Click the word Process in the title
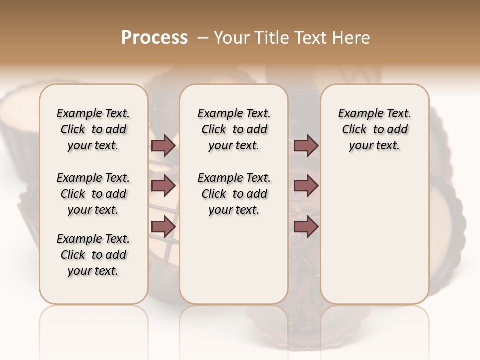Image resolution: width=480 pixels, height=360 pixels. tap(154, 38)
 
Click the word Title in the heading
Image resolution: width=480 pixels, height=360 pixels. tap(270, 38)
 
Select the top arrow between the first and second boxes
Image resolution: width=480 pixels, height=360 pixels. tap(163, 145)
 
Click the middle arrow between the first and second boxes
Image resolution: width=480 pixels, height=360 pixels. tap(163, 186)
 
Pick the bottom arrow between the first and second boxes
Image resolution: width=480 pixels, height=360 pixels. tap(163, 226)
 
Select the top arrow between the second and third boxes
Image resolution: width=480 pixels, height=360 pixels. tap(306, 145)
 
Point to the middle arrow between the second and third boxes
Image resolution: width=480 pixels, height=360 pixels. tap(306, 186)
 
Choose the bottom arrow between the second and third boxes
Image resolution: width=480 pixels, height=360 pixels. tap(306, 226)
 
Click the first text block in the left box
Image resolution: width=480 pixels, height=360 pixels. tap(93, 129)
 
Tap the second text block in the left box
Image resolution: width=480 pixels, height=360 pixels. tap(93, 194)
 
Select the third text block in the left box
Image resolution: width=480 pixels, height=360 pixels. tap(93, 255)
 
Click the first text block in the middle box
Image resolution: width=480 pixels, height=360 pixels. tap(234, 129)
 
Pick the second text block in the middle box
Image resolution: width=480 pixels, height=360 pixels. tap(234, 194)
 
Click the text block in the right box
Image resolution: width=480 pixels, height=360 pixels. tap(374, 129)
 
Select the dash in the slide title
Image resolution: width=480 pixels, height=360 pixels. tap(203, 38)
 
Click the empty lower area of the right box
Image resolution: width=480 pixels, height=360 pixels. tap(374, 240)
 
